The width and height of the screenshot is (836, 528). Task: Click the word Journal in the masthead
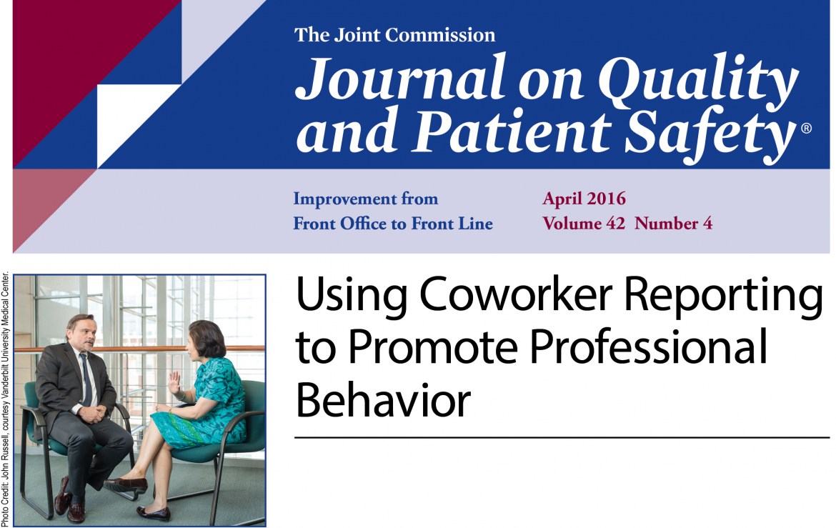pos(400,78)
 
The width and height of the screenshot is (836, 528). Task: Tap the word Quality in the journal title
pos(698,81)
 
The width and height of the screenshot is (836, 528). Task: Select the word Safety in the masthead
pos(710,133)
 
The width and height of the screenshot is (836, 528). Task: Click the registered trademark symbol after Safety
pos(806,128)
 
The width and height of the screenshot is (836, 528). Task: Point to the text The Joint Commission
pos(394,35)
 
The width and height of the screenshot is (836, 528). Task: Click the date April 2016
pos(584,199)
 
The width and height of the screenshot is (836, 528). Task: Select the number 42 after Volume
pos(614,223)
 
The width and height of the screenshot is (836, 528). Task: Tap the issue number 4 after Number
pos(707,223)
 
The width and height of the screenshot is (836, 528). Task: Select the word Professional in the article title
pos(648,347)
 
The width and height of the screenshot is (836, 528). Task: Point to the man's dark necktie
pos(85,379)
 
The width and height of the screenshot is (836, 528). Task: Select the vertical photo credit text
pos(5,399)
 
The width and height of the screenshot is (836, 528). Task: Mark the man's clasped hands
pos(94,414)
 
